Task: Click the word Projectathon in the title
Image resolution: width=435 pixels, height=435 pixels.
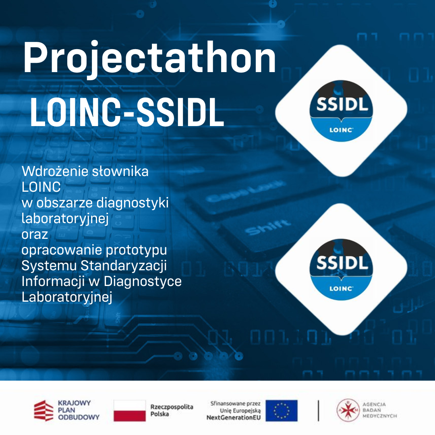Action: click(150, 59)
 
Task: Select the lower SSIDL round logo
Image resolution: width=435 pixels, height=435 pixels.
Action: click(341, 269)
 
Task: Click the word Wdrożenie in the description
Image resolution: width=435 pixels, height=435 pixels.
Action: click(55, 171)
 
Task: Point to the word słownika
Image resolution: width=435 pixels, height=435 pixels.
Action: click(120, 171)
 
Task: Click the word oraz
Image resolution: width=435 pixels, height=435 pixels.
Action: click(35, 235)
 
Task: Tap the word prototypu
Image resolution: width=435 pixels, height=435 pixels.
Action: click(137, 251)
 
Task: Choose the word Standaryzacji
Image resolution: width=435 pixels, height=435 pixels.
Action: click(124, 265)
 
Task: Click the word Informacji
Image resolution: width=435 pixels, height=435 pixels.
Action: click(53, 281)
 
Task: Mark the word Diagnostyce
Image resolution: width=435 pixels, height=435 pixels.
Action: click(143, 281)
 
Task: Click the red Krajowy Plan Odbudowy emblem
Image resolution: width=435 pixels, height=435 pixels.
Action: click(43, 410)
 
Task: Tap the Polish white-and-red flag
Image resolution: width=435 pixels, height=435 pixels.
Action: click(130, 410)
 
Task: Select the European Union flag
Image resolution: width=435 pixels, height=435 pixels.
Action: click(281, 410)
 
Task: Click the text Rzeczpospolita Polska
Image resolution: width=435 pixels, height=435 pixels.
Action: click(172, 410)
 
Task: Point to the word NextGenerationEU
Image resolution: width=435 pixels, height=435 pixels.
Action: click(234, 418)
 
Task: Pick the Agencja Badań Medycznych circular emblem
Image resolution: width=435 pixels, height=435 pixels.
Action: click(348, 410)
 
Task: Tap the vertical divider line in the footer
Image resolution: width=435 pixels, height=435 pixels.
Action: click(318, 410)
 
